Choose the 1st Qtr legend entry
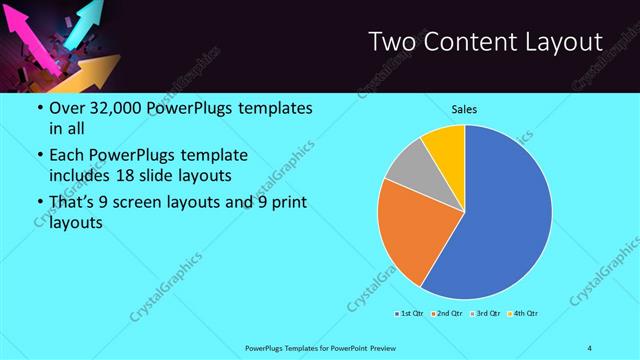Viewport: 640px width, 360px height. tap(408, 314)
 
